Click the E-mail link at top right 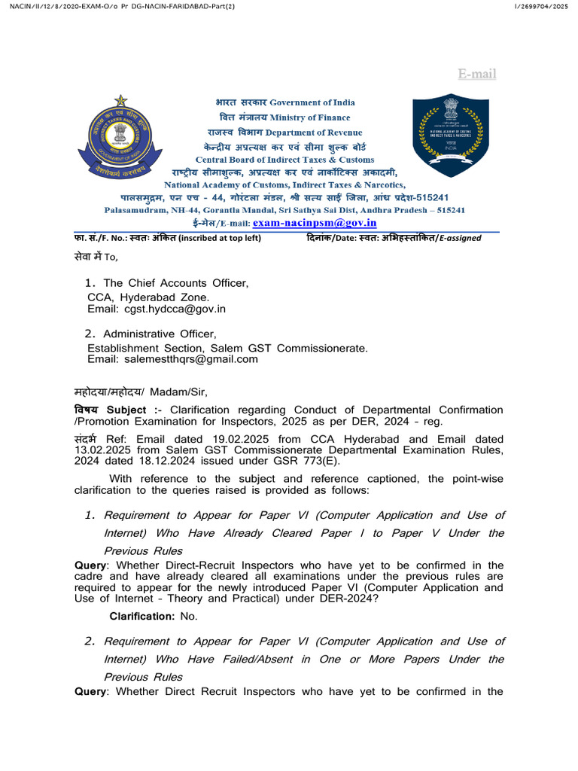tap(477, 73)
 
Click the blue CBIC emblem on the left tap(120, 136)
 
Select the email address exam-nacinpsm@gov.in tap(315, 223)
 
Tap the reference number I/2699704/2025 tap(540, 7)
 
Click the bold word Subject tap(131, 410)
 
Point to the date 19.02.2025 tap(229, 439)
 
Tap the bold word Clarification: tap(142, 616)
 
